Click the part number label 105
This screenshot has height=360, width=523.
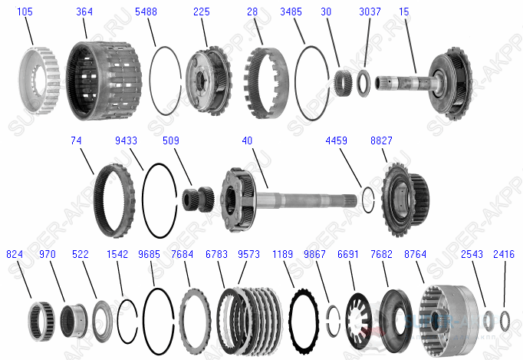click(25, 12)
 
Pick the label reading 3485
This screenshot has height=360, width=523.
click(291, 12)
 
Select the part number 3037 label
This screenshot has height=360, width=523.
click(370, 12)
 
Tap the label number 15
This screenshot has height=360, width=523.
click(403, 12)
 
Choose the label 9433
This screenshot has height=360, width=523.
click(127, 140)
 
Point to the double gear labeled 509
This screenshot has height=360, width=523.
click(196, 199)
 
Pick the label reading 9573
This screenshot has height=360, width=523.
click(248, 253)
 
